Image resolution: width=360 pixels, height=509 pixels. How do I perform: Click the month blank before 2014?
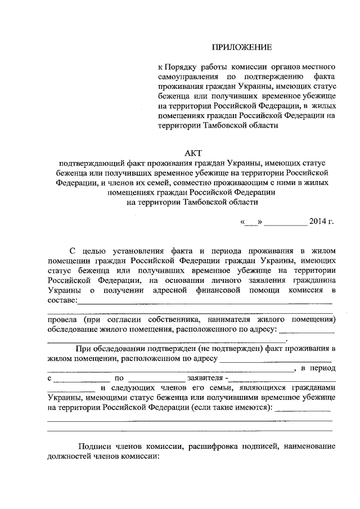pos(286,221)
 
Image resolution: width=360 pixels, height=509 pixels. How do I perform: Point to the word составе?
pos(62,300)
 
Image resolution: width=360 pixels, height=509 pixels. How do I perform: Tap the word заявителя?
pos(204,379)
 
